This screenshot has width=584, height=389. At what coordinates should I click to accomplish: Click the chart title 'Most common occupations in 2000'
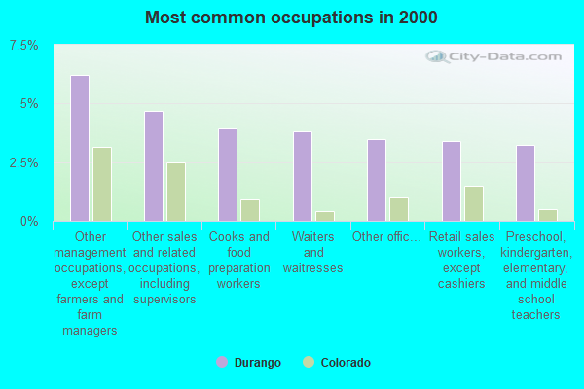[291, 18]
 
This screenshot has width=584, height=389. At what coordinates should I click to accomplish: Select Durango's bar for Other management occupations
[80, 148]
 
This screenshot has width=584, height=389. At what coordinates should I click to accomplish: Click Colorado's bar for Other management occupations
[102, 184]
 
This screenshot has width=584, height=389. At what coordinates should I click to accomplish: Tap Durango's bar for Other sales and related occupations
[154, 166]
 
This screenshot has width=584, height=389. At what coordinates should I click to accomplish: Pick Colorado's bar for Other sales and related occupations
[176, 192]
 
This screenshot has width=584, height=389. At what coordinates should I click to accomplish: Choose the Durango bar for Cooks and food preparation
[228, 175]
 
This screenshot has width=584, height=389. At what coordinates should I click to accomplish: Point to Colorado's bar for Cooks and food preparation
[250, 210]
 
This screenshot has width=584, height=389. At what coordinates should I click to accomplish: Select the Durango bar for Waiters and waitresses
[303, 176]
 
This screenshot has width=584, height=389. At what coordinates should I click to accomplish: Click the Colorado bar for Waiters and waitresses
[325, 216]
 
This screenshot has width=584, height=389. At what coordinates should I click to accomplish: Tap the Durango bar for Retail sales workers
[452, 181]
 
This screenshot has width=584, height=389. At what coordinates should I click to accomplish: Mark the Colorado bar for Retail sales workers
[474, 203]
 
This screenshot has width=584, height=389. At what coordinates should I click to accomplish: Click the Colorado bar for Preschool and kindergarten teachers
[548, 215]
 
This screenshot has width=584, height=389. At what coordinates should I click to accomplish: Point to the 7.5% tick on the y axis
[23, 46]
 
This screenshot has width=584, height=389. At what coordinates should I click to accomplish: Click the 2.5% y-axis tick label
[23, 162]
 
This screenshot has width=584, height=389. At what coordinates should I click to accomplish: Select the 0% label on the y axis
[29, 222]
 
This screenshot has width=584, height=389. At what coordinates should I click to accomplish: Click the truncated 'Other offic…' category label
[387, 236]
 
